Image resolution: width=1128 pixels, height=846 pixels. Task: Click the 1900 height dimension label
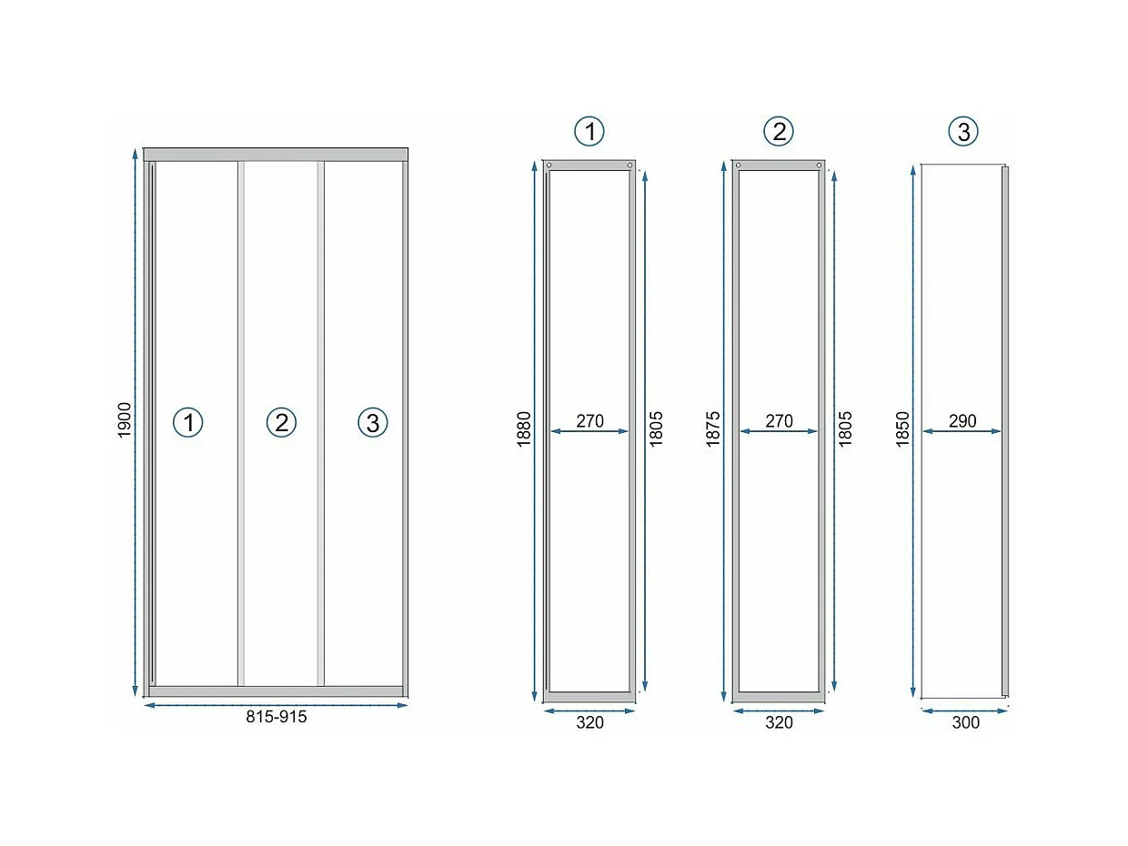[x=125, y=420]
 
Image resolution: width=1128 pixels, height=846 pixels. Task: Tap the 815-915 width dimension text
[x=276, y=717]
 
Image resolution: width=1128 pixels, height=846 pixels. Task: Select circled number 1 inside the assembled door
[x=188, y=422]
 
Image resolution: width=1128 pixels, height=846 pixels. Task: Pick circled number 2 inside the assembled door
[x=282, y=422]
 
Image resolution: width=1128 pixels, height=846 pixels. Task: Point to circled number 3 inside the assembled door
[x=373, y=422]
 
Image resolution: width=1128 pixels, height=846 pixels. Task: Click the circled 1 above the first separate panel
[x=589, y=132]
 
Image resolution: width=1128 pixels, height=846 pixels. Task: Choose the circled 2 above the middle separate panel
[x=779, y=132]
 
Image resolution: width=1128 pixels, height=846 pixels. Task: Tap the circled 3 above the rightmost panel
[x=963, y=132]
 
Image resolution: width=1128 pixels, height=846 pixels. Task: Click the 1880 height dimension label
[x=524, y=428]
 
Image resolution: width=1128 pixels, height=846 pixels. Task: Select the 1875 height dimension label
[x=713, y=428]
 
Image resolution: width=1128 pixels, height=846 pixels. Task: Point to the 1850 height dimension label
[x=902, y=428]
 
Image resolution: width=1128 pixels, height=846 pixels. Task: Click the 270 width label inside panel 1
[x=589, y=420]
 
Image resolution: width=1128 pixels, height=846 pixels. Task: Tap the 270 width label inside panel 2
[x=779, y=420]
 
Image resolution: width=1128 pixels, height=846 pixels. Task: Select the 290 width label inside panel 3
[x=962, y=420]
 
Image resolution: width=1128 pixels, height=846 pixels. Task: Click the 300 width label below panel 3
[x=965, y=722]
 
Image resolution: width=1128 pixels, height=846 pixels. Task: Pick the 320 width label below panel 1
[x=589, y=722]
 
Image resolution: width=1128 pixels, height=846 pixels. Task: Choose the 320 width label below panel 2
[x=779, y=722]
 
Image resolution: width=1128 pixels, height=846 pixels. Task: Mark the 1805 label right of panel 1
[x=656, y=428]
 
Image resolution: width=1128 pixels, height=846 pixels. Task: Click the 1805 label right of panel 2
[x=845, y=428]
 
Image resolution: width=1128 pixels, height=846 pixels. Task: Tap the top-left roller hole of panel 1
[x=549, y=165]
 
